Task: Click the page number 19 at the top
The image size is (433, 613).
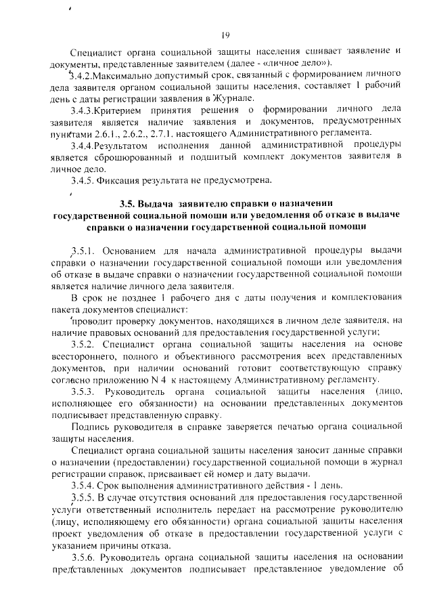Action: pos(226,36)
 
